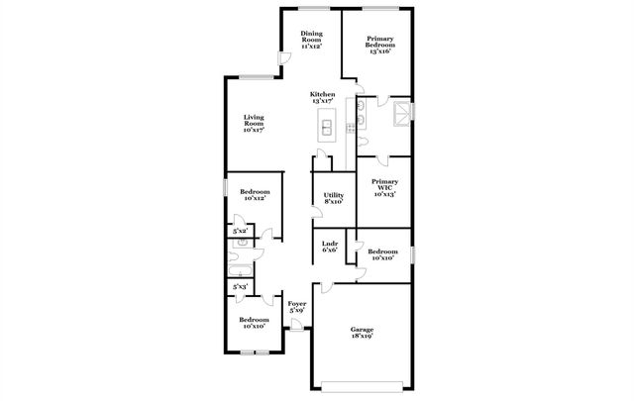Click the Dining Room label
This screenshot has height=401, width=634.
(312, 41)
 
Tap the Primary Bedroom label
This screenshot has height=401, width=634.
(380, 45)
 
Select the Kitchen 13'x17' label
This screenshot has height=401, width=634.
(324, 97)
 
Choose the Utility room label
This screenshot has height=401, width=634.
(334, 198)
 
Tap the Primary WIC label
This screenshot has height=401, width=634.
(384, 188)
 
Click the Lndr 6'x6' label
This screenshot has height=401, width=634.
(330, 248)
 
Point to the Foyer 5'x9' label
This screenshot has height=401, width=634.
(297, 308)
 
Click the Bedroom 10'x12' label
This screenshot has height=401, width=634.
(255, 195)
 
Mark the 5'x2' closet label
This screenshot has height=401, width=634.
(240, 231)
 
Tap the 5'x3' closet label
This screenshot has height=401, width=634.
(240, 287)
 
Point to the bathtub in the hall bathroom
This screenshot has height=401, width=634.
(240, 267)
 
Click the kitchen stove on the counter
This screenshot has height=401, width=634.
(351, 128)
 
